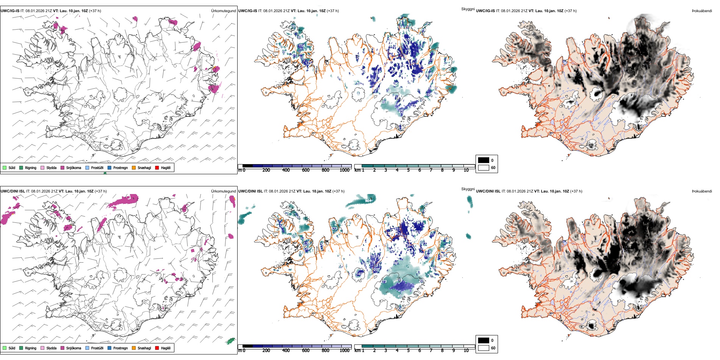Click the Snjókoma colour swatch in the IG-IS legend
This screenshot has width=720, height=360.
coord(63,167)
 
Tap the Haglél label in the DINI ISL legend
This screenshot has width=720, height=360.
coord(166,348)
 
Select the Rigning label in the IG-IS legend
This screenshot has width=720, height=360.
coord(31,167)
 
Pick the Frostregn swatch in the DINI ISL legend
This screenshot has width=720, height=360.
coord(110,348)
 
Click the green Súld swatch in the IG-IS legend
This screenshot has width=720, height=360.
coord(5,167)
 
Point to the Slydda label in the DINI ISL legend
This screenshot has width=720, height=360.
coord(52,348)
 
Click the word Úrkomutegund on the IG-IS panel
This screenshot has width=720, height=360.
coord(223,11)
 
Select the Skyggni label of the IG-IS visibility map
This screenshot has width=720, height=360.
coord(468,9)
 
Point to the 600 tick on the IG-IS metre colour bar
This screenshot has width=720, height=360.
coord(305,170)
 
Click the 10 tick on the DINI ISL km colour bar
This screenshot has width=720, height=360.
coord(466,351)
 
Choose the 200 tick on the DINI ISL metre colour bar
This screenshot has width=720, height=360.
coord(266,351)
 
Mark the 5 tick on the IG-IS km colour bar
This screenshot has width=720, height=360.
coord(408,170)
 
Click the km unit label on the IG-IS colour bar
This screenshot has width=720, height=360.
coord(357,170)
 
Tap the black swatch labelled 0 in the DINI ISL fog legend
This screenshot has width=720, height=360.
coord(484,340)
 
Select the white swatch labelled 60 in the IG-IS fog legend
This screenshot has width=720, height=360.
coord(484,167)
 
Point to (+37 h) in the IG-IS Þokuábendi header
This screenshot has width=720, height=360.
coord(570,11)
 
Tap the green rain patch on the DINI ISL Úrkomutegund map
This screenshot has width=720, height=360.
coord(230,341)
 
